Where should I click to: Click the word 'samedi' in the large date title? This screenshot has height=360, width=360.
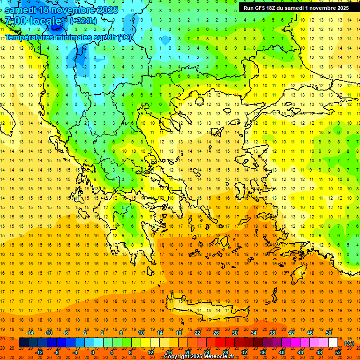(x=21, y=10)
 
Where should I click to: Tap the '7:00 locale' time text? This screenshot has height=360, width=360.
(x=33, y=21)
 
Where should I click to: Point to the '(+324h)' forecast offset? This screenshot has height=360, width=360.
(x=83, y=21)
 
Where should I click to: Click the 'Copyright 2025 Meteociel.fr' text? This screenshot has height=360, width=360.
(x=199, y=357)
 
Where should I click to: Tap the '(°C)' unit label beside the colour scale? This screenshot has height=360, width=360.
(x=349, y=343)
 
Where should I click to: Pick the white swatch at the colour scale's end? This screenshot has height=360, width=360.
(x=333, y=343)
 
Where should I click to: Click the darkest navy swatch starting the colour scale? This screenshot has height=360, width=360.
(x=23, y=343)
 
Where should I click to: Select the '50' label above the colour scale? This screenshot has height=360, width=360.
(x=328, y=333)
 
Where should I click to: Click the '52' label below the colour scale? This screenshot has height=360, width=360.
(x=337, y=352)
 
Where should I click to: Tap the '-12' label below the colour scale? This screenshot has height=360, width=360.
(x=39, y=352)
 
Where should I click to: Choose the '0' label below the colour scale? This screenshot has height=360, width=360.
(x=93, y=352)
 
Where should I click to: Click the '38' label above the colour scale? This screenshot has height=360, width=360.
(x=272, y=333)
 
